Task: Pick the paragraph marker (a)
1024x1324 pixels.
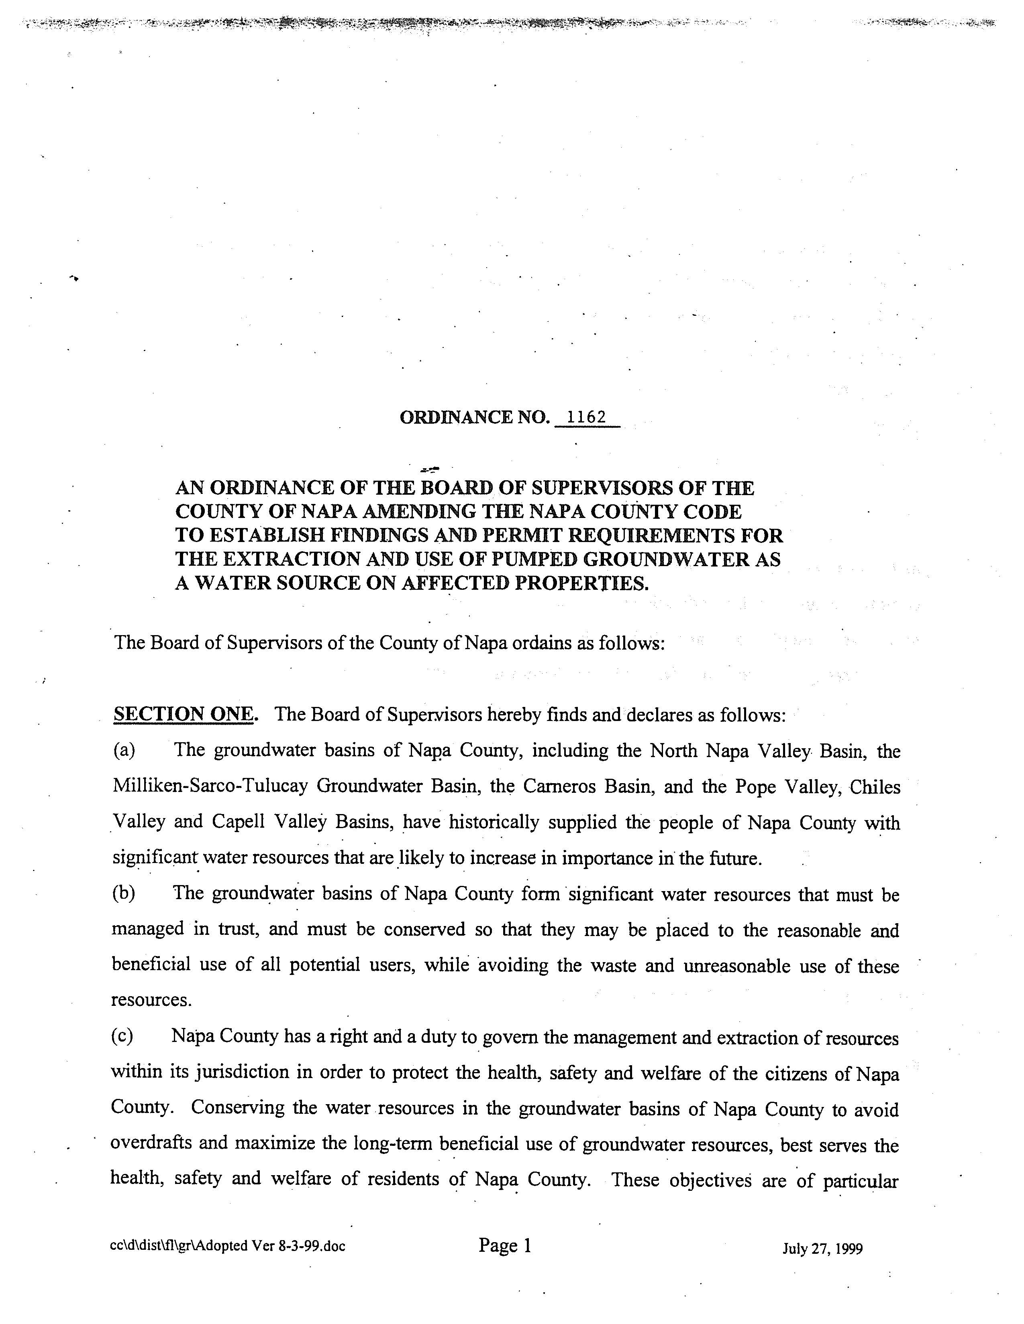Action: pos(124,751)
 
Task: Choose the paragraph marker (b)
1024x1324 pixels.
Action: pos(124,893)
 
